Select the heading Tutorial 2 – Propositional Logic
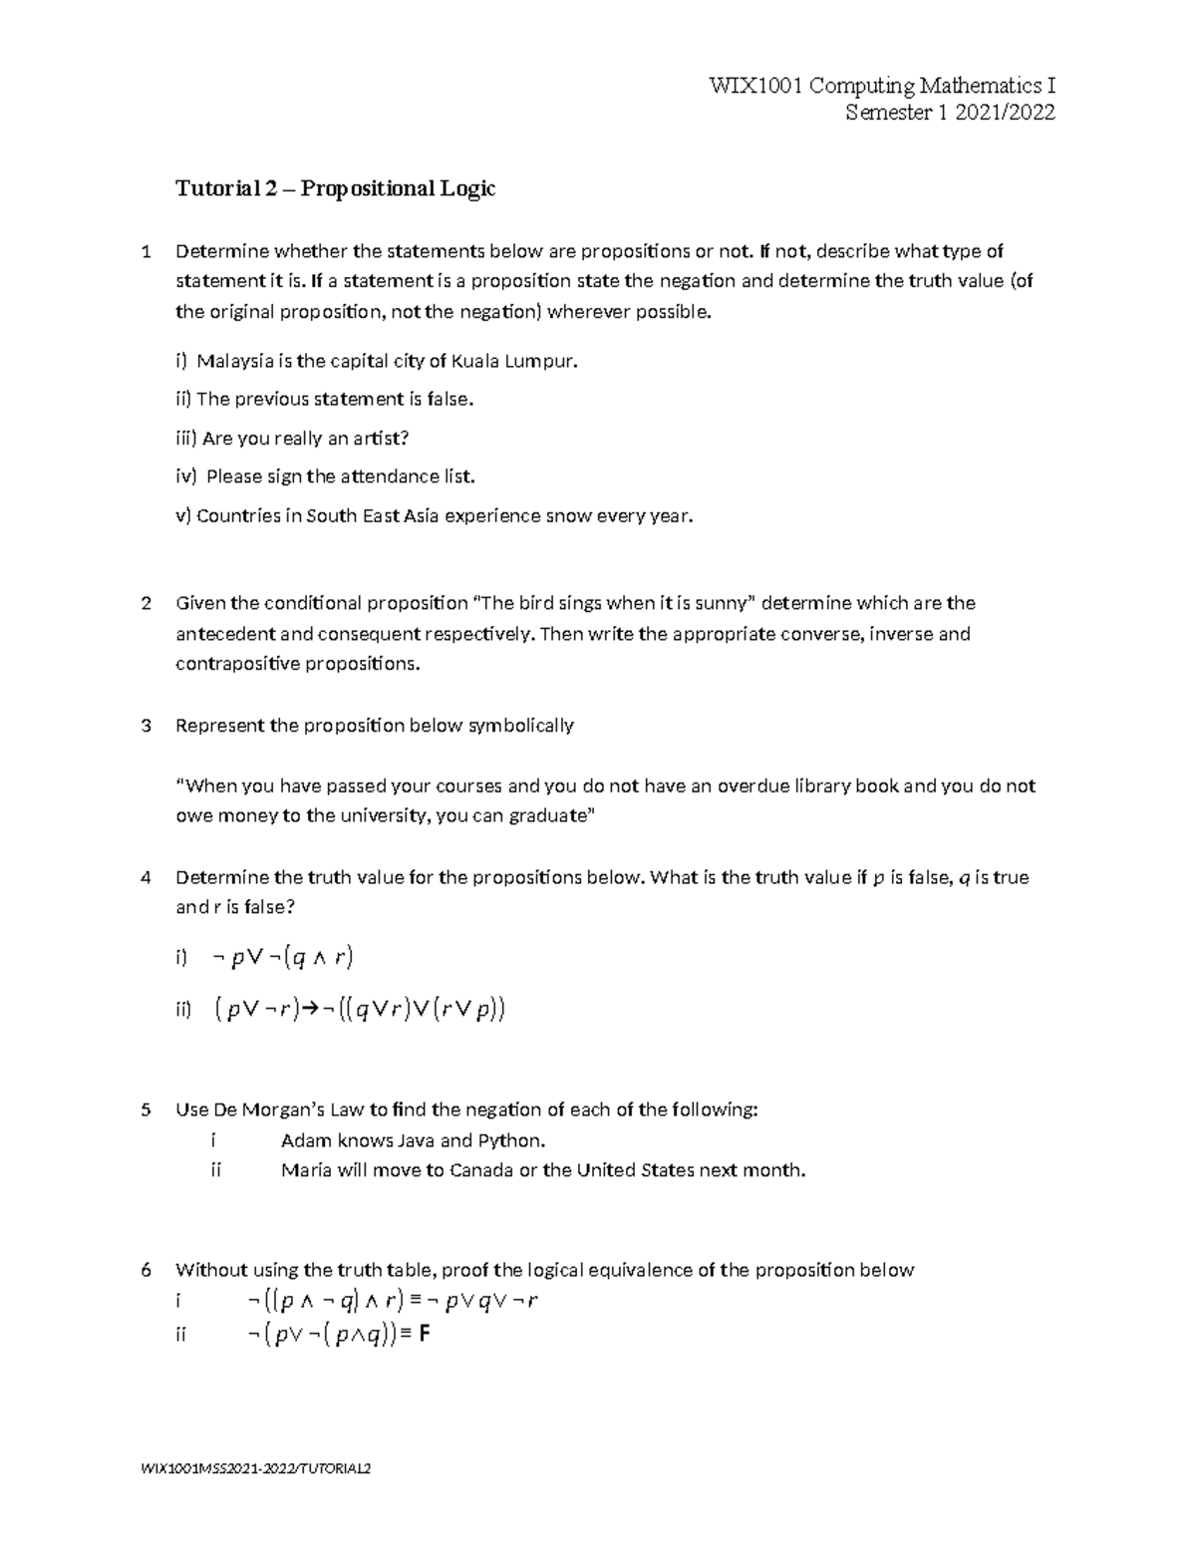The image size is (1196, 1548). click(335, 188)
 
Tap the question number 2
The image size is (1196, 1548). click(147, 603)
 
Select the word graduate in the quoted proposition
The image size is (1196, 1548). click(550, 815)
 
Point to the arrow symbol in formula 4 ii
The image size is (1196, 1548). click(311, 1010)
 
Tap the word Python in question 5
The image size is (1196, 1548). click(511, 1140)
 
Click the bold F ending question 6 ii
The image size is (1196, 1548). click(425, 1334)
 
